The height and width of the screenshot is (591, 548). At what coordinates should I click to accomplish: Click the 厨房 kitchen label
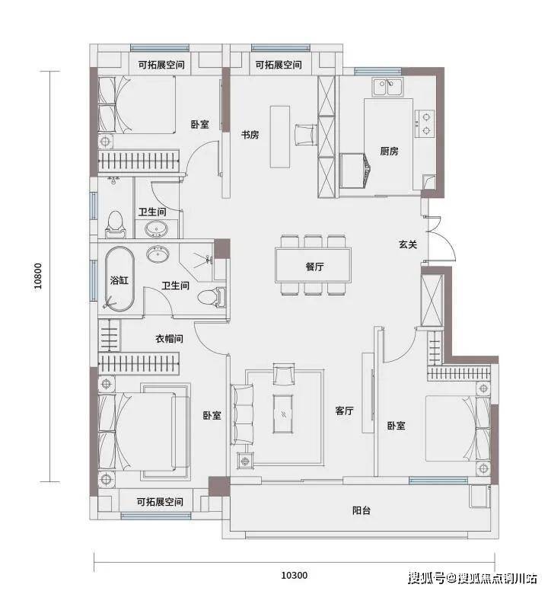click(389, 151)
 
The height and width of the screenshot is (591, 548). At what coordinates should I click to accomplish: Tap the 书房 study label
click(250, 135)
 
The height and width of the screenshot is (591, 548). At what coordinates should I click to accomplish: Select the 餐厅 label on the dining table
click(314, 267)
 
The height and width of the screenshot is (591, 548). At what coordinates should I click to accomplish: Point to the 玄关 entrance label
click(408, 244)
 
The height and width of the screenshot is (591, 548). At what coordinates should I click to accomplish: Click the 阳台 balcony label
click(362, 510)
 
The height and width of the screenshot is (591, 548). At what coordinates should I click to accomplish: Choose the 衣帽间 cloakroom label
click(170, 338)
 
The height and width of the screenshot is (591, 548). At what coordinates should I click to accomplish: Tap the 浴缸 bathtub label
click(119, 280)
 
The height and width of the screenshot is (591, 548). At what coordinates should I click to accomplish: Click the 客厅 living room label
click(345, 411)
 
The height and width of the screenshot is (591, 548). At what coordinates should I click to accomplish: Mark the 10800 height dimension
click(38, 276)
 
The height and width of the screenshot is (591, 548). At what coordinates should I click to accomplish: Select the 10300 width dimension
click(295, 575)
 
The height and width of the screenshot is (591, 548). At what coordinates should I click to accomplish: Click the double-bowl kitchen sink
click(388, 87)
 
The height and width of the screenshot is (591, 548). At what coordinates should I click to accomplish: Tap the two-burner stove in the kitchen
click(425, 123)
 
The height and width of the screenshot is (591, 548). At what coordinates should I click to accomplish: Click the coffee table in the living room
click(283, 414)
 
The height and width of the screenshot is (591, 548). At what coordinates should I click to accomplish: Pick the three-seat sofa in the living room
click(242, 414)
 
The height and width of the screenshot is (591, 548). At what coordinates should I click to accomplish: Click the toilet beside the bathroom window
click(114, 224)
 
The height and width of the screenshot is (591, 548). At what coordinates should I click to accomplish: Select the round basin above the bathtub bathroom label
click(158, 254)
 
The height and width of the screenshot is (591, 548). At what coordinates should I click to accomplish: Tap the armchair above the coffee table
click(284, 374)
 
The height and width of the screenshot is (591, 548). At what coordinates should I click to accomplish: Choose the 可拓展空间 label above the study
click(279, 65)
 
